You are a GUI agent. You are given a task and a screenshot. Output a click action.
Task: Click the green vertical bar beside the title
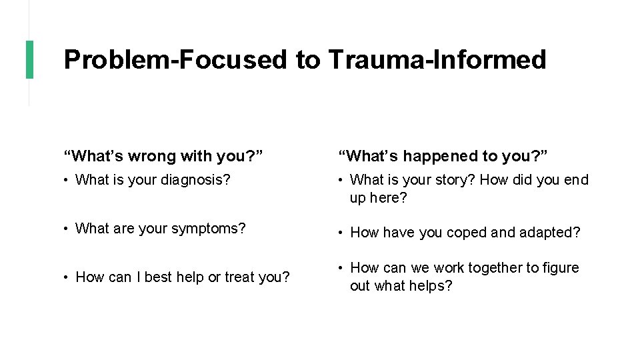click(x=29, y=59)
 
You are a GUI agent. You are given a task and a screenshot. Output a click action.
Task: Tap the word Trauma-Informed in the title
click(x=437, y=59)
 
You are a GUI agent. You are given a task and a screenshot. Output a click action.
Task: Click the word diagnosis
click(x=199, y=180)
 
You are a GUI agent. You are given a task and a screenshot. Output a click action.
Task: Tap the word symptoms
click(x=209, y=229)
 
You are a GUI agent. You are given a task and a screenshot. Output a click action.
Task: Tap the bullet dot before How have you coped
click(x=341, y=233)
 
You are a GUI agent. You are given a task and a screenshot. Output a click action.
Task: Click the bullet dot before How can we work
click(x=341, y=268)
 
